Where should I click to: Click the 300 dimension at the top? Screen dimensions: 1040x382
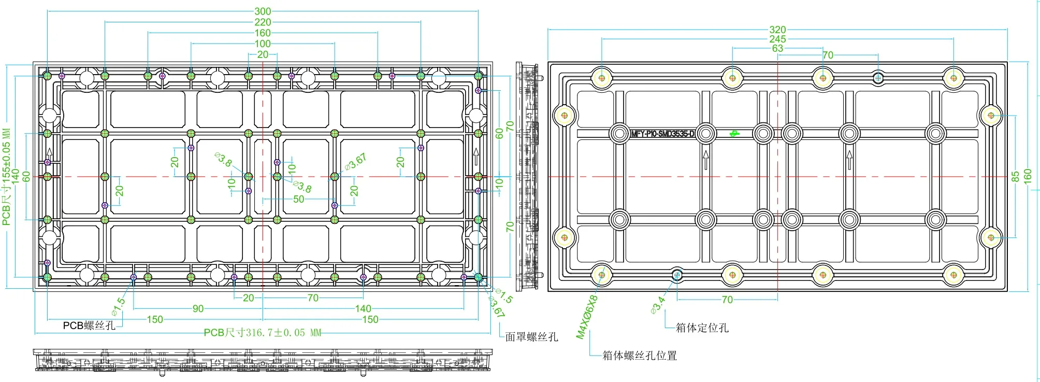click(x=263, y=11)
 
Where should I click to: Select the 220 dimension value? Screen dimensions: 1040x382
click(x=263, y=22)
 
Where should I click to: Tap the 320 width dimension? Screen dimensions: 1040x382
click(x=777, y=30)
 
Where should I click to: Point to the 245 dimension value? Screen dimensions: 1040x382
click(x=777, y=39)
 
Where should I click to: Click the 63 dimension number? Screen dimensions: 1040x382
click(x=777, y=49)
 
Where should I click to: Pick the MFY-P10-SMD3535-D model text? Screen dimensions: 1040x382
click(x=662, y=134)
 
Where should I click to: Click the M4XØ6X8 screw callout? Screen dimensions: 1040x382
click(x=587, y=317)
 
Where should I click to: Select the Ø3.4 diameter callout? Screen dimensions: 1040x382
click(x=658, y=305)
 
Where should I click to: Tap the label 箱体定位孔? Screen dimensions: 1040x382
click(x=702, y=328)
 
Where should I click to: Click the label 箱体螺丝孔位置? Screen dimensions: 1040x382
click(x=640, y=356)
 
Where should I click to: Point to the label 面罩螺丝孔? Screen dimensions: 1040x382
click(x=531, y=337)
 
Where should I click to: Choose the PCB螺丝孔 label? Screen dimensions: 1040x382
click(x=89, y=326)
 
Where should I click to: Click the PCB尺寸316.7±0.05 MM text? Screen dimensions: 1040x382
click(x=263, y=333)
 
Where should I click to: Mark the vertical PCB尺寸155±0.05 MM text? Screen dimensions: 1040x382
click(x=6, y=177)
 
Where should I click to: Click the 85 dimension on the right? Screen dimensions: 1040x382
click(x=1015, y=177)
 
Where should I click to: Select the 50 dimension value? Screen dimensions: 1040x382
click(x=299, y=200)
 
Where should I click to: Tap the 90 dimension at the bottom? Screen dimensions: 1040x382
click(x=198, y=309)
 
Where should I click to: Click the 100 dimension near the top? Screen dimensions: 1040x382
click(x=263, y=44)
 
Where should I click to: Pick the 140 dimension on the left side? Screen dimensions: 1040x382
click(x=16, y=177)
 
